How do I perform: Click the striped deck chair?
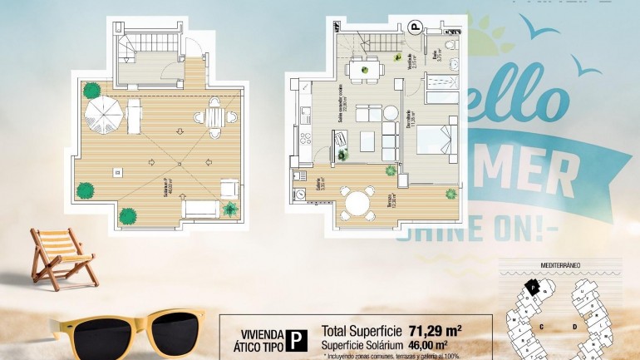[63, 255]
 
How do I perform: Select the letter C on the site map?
[541, 327]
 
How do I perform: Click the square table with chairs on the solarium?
[214, 117]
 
